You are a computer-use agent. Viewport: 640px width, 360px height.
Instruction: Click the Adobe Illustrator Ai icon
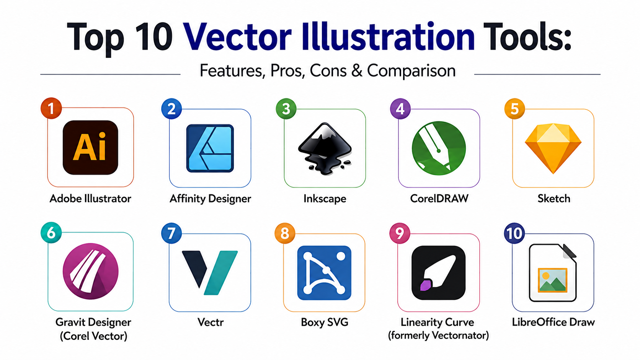coord(90,147)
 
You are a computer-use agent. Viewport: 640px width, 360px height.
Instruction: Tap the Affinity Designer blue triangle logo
coord(210,148)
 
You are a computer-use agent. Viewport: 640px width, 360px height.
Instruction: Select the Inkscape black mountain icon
coord(325,148)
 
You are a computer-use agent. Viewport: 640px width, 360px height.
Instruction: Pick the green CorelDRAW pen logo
coord(439,148)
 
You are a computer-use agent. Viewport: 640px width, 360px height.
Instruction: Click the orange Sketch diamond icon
coord(553,148)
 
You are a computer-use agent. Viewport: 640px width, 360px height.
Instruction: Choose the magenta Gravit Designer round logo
coord(91,271)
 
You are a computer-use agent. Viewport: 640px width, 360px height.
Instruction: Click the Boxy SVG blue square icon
coord(324,273)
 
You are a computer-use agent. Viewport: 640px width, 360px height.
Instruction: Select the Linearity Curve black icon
coord(439,273)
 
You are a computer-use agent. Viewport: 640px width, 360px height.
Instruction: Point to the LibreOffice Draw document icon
coord(553,273)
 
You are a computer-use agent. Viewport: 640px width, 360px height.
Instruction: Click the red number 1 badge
coord(51,108)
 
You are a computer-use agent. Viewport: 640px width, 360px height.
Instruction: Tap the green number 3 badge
coord(286,109)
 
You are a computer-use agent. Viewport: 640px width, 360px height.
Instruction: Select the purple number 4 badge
coord(400,109)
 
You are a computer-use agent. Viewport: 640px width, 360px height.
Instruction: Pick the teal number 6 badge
coord(51,233)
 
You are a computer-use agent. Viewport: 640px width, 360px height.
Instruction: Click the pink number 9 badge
coord(400,233)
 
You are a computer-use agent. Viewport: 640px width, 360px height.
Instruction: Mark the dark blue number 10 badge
coord(514,233)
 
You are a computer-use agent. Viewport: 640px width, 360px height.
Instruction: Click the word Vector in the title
coord(237,37)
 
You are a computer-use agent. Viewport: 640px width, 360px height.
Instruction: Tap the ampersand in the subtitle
coord(357,70)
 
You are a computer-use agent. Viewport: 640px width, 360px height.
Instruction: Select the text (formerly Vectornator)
coord(438,335)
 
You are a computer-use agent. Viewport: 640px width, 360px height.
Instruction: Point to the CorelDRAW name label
coord(439,199)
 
